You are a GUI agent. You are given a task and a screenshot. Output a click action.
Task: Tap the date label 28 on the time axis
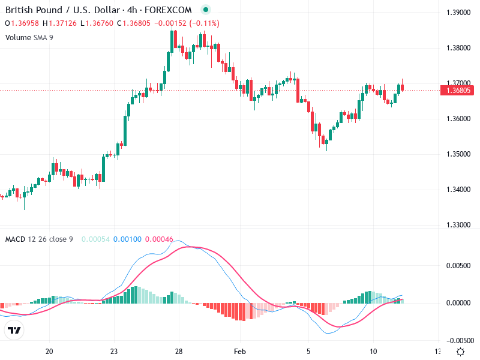click(179, 352)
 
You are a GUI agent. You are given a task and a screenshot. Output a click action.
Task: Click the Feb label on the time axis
click(240, 352)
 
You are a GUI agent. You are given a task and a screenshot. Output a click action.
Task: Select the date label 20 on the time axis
click(50, 352)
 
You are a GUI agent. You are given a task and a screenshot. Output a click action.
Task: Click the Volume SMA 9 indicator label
click(30, 37)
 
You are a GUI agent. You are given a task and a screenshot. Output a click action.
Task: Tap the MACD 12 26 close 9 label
click(39, 239)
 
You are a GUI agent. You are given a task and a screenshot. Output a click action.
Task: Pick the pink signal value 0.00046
click(159, 239)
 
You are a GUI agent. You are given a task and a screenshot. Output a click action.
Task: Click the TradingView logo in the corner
click(14, 330)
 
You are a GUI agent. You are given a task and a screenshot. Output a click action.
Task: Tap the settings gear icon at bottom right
click(460, 352)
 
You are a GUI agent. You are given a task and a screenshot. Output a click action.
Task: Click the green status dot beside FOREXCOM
click(206, 10)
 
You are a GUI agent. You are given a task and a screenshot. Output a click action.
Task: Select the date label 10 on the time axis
click(373, 352)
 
